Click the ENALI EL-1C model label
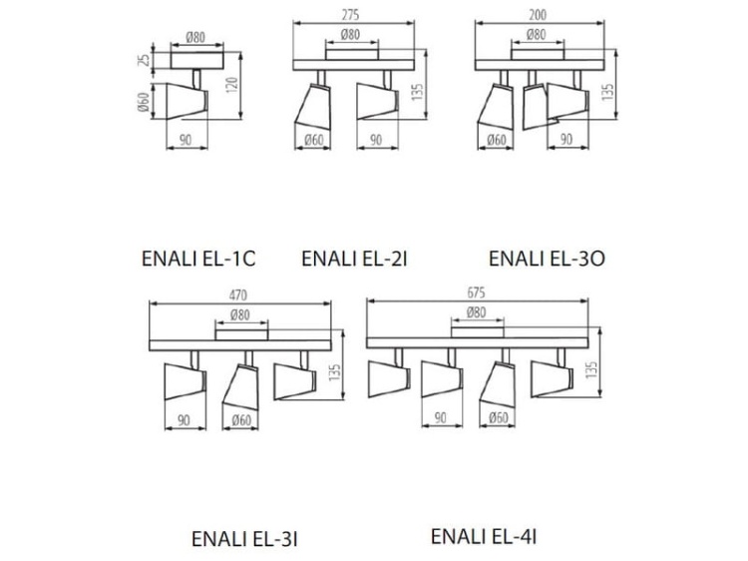coord(198,259)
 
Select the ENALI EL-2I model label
coord(354,259)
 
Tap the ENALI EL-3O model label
coord(547,259)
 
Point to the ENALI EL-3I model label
coord(244,539)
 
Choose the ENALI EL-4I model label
coord(484,536)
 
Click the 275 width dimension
coord(351,15)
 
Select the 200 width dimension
coord(538,15)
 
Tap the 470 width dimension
coord(238,295)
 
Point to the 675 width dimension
coord(476,292)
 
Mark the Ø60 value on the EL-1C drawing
coord(144,102)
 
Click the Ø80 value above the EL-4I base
coord(476,312)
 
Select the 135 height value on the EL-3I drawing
coord(335,372)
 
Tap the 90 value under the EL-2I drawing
coord(376,140)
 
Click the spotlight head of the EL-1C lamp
coord(187,101)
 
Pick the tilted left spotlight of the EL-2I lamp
coord(313,106)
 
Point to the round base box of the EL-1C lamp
coord(197,61)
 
